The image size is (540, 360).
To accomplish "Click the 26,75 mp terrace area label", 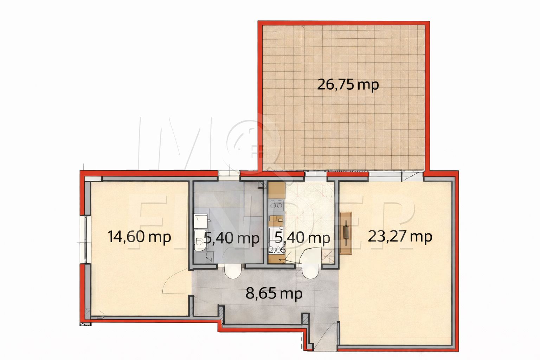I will tap(348, 85).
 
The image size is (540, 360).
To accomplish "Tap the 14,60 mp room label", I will tap(140, 237).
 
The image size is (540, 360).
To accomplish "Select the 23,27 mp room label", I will tap(400, 237).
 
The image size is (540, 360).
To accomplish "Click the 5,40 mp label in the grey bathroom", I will tap(232, 238).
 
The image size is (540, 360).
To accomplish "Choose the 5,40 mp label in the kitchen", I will tap(302, 238).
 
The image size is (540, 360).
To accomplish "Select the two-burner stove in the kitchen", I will tap(276, 204).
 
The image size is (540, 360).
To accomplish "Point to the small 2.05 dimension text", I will tap(276, 250).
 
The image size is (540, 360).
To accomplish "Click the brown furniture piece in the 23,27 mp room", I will tap(346, 233).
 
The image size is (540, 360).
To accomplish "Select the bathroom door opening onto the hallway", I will tap(232, 271).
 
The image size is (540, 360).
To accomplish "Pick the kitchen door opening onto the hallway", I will tap(309, 271).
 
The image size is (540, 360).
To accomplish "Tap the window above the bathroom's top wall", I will tap(228, 173).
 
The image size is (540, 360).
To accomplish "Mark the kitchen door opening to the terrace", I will tap(315, 174).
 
